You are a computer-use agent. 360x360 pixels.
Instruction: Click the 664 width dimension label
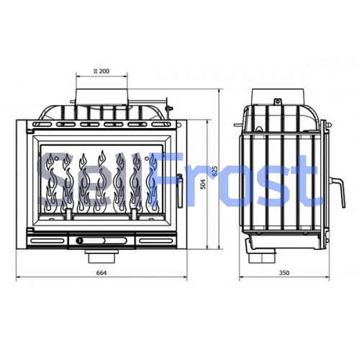(102, 273)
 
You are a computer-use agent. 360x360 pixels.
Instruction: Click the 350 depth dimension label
(284, 273)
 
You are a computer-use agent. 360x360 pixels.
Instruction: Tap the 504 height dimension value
(203, 184)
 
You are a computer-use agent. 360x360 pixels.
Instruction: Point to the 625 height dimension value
(215, 171)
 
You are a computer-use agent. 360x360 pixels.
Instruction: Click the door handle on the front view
(179, 191)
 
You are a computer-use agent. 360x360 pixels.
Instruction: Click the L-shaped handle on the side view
(338, 192)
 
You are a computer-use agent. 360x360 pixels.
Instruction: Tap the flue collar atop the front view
(102, 96)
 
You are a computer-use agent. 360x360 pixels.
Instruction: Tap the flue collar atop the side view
(278, 96)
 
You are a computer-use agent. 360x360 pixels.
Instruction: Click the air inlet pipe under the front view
(102, 256)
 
